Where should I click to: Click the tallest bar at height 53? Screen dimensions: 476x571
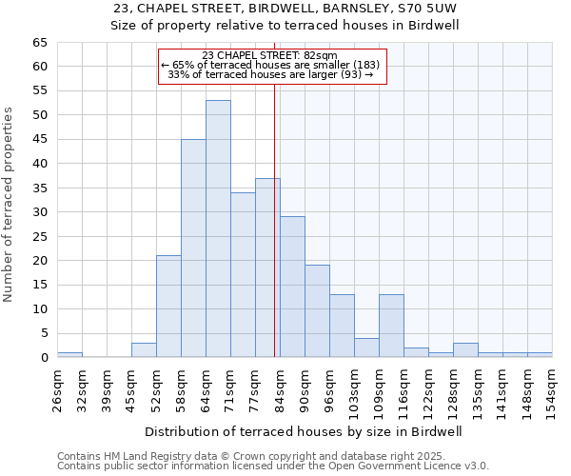point(218,228)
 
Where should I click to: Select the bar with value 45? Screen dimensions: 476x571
point(193,248)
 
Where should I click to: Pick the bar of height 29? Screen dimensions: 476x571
point(292,287)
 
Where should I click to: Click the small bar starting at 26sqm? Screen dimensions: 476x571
point(69,354)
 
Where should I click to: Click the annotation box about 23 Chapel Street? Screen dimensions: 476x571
point(272,66)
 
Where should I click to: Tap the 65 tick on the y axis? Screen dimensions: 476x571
point(39,43)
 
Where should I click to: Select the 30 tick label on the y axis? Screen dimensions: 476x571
point(39,212)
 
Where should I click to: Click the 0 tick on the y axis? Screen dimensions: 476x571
point(43,358)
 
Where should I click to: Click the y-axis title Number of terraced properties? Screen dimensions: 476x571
point(10,204)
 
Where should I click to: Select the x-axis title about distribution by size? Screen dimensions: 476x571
point(304,431)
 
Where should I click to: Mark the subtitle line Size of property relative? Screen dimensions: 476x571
point(285,26)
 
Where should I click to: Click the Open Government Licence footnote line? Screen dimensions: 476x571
point(273,466)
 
